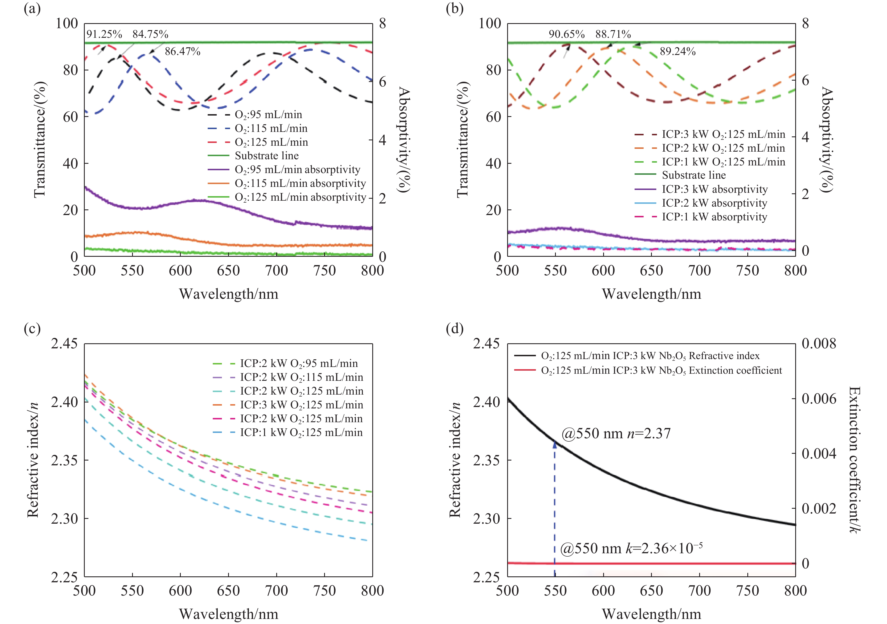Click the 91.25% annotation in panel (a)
point(104,34)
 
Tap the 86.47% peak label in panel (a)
point(182,51)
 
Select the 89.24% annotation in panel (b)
point(677,51)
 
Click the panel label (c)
point(32,329)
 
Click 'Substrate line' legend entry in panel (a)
point(267,156)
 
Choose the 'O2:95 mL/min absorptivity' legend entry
point(297,170)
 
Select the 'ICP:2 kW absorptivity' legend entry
point(714,203)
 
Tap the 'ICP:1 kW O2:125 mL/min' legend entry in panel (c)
point(301,432)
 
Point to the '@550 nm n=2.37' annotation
point(616,433)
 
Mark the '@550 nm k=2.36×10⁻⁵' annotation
point(631,548)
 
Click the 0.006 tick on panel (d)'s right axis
point(819,399)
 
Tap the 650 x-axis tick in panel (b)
point(651,271)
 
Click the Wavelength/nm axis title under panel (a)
point(228,294)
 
